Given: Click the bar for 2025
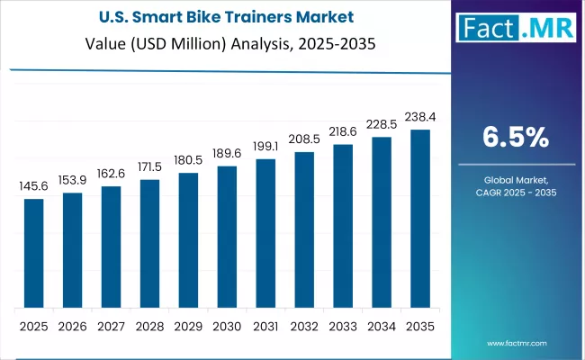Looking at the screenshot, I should pos(33,253).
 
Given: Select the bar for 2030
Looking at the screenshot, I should pos(227,237).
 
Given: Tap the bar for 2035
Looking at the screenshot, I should pos(420,219).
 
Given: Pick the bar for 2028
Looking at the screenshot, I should pos(149,243).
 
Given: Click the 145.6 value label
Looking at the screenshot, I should pos(33,186).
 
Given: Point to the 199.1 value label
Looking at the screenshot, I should pos(265,147).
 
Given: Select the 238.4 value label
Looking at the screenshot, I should pos(420,118).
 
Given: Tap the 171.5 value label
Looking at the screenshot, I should pos(149,167).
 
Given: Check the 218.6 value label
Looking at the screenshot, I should pos(343,132).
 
